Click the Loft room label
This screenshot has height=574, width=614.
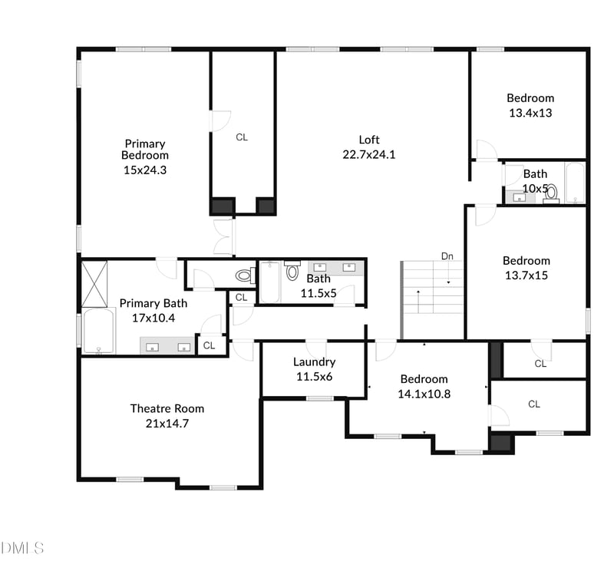pyautogui.click(x=369, y=140)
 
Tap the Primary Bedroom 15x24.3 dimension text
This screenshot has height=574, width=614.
pyautogui.click(x=145, y=170)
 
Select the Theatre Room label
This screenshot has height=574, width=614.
pyautogui.click(x=167, y=408)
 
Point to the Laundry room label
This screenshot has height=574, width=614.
pyautogui.click(x=314, y=362)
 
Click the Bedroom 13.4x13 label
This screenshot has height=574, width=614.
pyautogui.click(x=530, y=98)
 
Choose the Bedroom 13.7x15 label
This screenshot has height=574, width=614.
pyautogui.click(x=526, y=261)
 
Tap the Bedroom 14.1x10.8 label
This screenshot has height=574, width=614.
pyautogui.click(x=424, y=379)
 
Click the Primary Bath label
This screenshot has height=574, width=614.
pyautogui.click(x=153, y=303)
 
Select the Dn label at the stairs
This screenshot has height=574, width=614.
pyautogui.click(x=447, y=256)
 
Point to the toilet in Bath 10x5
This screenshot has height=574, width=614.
pyautogui.click(x=550, y=192)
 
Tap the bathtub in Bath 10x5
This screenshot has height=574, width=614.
pyautogui.click(x=575, y=183)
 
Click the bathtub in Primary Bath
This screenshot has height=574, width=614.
pyautogui.click(x=98, y=332)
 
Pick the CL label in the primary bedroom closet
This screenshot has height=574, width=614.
pyautogui.click(x=242, y=137)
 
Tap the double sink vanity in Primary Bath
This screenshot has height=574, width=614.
pyautogui.click(x=167, y=346)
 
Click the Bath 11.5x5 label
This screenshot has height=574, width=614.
pyautogui.click(x=318, y=279)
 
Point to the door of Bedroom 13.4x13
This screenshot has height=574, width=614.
pyautogui.click(x=486, y=150)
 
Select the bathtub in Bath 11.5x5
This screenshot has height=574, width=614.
pyautogui.click(x=270, y=282)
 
